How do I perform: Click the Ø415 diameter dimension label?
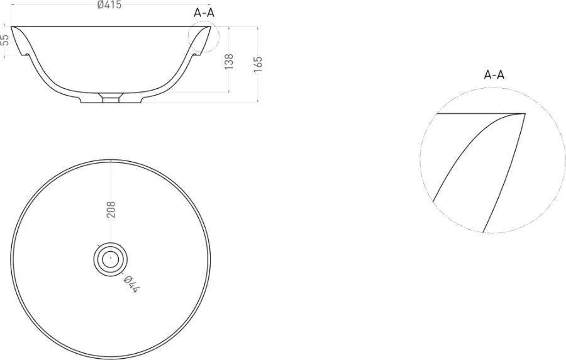[109, 4]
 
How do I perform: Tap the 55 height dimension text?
[5, 40]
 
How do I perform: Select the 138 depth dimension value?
[228, 62]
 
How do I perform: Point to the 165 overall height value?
[258, 65]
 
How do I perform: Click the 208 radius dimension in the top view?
[111, 210]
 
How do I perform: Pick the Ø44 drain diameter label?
[130, 284]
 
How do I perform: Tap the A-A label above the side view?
[204, 13]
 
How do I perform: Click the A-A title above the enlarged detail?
[494, 75]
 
